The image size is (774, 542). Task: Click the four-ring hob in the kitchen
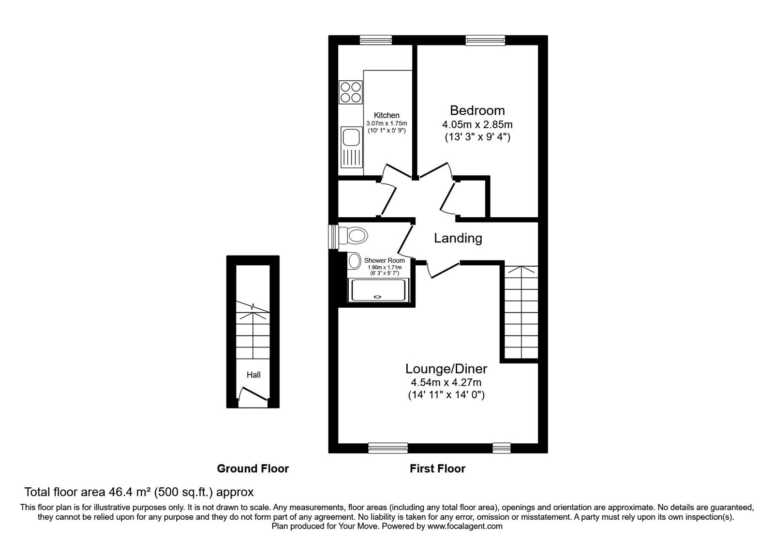point(350,92)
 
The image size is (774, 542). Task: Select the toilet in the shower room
point(353,236)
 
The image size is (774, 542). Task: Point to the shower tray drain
point(377,296)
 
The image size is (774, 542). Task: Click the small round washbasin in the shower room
point(355,261)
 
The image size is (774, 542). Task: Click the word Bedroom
point(477,110)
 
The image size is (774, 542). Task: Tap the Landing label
point(458,238)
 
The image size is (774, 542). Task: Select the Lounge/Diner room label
point(446,369)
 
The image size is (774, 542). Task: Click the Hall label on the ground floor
point(253,375)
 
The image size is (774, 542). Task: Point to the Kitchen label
point(387,116)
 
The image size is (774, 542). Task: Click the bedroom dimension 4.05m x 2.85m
point(477,124)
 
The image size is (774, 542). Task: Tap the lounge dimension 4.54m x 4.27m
point(446,383)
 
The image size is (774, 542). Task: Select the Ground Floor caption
point(253,468)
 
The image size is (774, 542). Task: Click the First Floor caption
point(437,468)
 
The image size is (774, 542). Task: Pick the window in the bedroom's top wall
point(485,40)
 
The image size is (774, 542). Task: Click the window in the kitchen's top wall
point(375,40)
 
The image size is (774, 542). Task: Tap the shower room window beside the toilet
point(333,237)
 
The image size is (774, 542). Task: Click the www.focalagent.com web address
point(465,526)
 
